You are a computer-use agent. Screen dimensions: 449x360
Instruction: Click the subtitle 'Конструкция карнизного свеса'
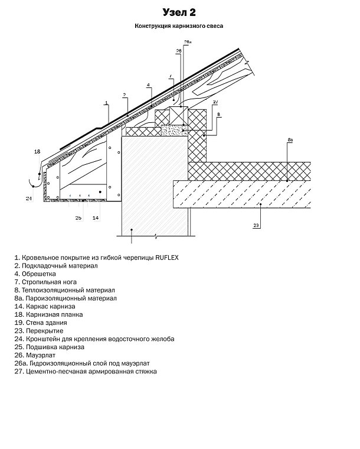(179, 27)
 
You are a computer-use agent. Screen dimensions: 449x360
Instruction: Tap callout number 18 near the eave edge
(37, 152)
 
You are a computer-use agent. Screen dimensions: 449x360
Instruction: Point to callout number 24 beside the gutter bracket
(28, 199)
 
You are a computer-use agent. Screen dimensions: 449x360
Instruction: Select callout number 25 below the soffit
(78, 217)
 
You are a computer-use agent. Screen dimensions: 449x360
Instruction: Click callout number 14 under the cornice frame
(96, 217)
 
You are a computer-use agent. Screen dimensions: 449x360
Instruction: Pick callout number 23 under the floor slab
(256, 225)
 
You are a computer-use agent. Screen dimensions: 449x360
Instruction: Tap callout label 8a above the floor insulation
(290, 139)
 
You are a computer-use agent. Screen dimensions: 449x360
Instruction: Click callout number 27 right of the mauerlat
(216, 102)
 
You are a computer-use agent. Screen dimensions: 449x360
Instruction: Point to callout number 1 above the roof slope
(107, 103)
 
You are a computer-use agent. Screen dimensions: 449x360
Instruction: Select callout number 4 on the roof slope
(148, 84)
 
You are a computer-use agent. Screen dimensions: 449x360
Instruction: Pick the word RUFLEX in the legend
(167, 258)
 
